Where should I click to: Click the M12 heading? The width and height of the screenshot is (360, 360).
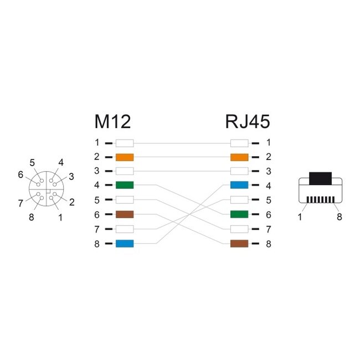tap(112, 121)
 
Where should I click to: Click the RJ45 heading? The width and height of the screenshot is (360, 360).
tap(248, 121)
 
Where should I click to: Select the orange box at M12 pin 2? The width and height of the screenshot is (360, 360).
tap(125, 157)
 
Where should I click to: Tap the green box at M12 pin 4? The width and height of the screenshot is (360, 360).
tap(125, 186)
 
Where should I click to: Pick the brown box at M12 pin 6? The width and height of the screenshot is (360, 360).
tap(125, 214)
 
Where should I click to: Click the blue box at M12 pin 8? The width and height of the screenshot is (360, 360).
tap(125, 243)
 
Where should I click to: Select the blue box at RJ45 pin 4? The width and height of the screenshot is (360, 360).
tap(239, 186)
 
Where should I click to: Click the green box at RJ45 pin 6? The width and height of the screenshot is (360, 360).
tap(239, 214)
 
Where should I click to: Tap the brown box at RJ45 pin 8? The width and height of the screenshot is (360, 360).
tap(239, 243)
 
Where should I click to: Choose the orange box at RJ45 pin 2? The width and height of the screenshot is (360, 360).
tap(239, 157)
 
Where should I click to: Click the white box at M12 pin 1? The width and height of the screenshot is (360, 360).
tap(125, 142)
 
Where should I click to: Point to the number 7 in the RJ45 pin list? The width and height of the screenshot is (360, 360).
tap(268, 229)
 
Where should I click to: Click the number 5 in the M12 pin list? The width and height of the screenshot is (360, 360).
tap(96, 200)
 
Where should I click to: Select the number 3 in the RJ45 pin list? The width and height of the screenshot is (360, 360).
tap(268, 171)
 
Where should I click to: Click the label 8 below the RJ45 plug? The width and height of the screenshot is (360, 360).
tap(340, 217)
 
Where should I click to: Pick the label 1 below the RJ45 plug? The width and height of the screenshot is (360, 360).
tap(300, 217)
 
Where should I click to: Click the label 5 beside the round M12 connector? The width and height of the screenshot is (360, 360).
tap(32, 163)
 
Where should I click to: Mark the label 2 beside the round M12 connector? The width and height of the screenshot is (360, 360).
tap(72, 202)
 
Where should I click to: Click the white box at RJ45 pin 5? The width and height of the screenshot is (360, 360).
tap(239, 200)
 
